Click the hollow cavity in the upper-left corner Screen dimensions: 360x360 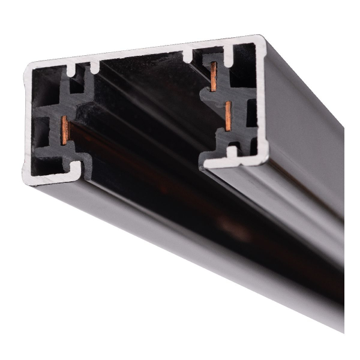coord(45,81)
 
